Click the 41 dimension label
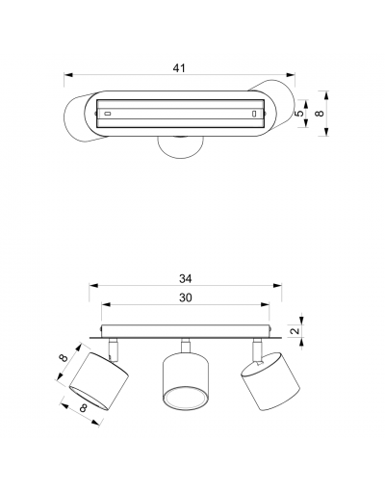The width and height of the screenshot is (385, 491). (179, 68)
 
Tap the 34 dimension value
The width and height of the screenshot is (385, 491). (186, 279)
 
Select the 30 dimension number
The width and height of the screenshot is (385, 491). (186, 297)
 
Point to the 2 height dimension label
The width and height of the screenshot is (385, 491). (295, 330)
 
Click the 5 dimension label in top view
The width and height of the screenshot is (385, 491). (298, 114)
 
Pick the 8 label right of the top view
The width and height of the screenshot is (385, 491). (320, 114)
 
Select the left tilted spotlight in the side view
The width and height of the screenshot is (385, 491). (99, 381)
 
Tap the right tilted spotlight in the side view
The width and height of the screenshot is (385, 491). (270, 381)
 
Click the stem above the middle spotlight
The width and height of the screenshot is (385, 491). (185, 346)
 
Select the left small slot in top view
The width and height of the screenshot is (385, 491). (108, 114)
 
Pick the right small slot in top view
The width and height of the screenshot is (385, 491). (254, 114)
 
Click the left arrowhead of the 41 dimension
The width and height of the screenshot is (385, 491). (68, 75)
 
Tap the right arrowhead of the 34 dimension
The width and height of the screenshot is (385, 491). (277, 285)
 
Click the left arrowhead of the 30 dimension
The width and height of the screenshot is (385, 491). (106, 304)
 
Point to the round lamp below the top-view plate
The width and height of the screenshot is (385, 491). (180, 147)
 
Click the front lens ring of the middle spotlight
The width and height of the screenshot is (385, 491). (186, 399)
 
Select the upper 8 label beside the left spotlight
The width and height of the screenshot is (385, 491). (64, 357)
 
